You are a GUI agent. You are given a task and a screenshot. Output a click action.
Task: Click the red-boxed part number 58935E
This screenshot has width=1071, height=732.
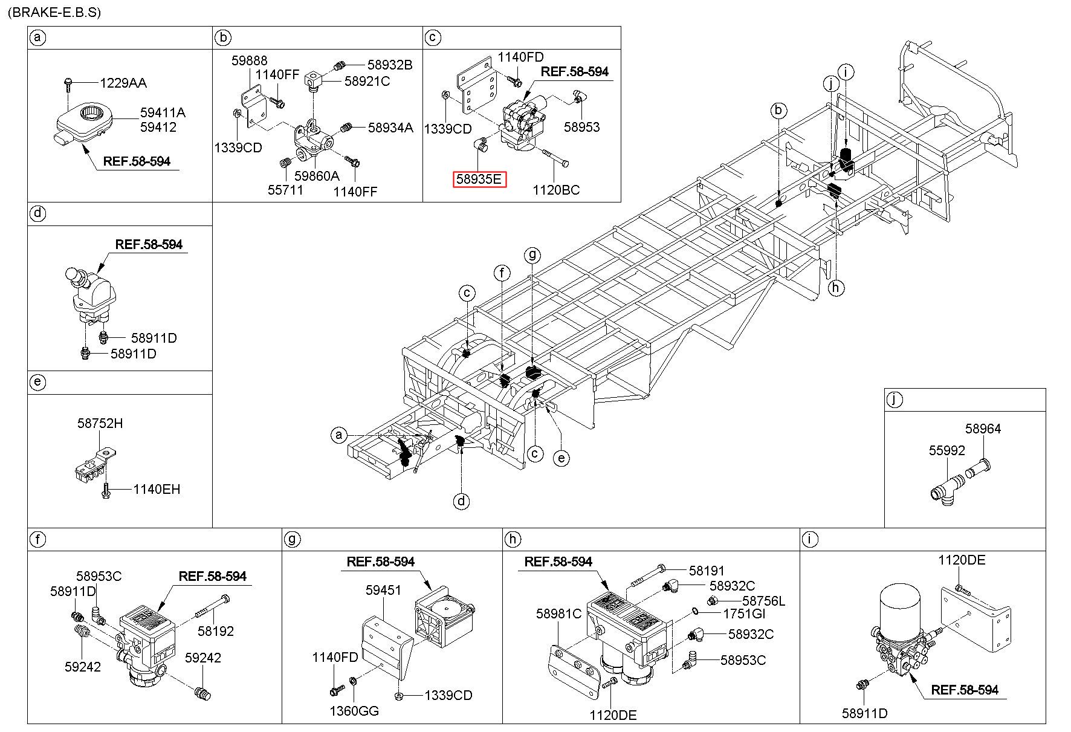[480, 179]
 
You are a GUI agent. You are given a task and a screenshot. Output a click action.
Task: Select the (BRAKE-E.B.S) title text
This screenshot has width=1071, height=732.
[54, 12]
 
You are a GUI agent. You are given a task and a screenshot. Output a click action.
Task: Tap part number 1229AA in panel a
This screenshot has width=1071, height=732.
[123, 83]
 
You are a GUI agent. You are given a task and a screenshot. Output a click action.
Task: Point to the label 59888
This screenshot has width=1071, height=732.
[250, 60]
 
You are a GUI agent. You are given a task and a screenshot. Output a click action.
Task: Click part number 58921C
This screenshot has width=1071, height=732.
[367, 80]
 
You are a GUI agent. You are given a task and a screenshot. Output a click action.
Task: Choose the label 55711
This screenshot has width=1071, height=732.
[285, 190]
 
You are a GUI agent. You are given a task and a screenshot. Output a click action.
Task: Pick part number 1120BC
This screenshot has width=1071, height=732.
[555, 190]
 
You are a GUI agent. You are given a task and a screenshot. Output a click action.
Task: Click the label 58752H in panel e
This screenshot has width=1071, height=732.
[100, 423]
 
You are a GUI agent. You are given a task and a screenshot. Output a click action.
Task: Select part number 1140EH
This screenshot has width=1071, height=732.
[157, 489]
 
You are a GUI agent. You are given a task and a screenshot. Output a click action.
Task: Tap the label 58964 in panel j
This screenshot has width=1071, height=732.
[983, 429]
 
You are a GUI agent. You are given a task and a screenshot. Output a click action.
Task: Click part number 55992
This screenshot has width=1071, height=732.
[946, 450]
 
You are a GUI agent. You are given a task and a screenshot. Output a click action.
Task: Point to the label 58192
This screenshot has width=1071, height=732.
[216, 631]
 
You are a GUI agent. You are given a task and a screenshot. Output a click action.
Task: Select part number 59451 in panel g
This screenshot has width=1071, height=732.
[383, 590]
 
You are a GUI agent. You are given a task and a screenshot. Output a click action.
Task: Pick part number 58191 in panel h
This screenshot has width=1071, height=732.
[707, 571]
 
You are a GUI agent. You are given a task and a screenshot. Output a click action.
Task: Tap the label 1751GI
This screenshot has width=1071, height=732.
[745, 614]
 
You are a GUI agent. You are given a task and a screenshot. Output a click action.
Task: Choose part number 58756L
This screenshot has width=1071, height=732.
[763, 601]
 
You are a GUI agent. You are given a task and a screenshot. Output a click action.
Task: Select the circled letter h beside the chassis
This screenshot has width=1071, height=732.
[836, 288]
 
